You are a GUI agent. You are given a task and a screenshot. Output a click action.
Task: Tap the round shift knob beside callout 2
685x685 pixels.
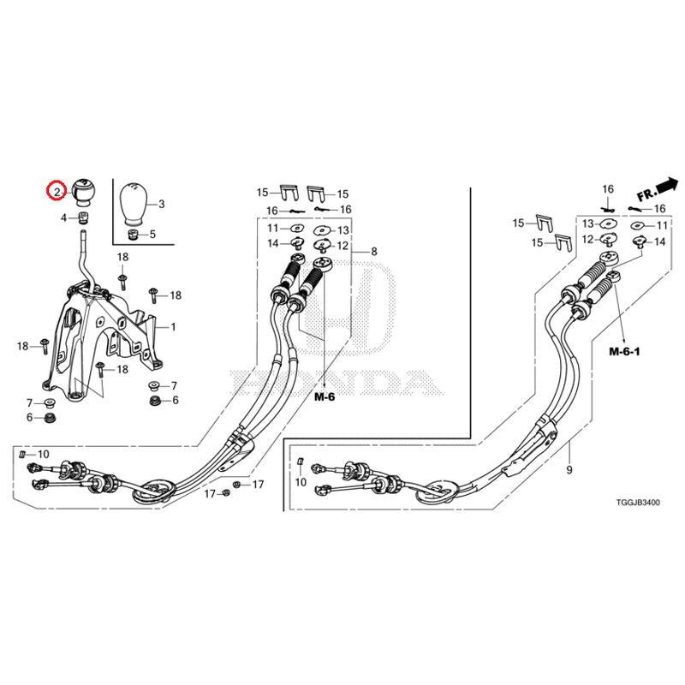(83, 191)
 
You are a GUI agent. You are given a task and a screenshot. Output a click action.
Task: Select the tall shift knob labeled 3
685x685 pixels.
(133, 202)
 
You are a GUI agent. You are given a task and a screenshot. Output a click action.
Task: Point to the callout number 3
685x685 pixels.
(161, 204)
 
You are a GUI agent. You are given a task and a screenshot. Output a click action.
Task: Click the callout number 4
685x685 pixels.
(63, 218)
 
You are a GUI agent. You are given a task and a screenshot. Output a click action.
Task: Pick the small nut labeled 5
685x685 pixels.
(133, 234)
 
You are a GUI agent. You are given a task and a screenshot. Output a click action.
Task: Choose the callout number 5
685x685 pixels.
(152, 234)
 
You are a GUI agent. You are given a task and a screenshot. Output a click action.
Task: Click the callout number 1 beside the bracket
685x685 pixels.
(173, 327)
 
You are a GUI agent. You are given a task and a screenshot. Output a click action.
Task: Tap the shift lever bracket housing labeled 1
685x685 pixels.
(111, 334)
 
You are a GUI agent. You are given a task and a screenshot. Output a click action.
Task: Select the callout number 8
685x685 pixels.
(373, 252)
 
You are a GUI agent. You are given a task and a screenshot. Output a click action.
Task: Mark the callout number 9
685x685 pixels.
(568, 470)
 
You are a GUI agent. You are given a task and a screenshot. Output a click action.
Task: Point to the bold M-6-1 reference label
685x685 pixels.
(625, 351)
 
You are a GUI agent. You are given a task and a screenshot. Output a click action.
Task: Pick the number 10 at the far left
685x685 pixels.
(44, 453)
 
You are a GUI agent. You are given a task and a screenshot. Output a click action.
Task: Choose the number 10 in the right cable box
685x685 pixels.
(300, 483)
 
